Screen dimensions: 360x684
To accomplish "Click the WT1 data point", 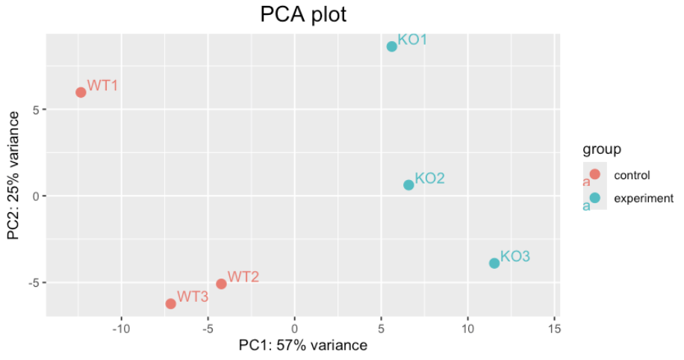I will pos(81,93).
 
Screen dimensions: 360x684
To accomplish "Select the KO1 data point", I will pos(392,46).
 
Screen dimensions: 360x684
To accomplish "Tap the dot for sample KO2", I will pos(408,185).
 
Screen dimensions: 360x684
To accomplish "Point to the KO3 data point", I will pos(494,263).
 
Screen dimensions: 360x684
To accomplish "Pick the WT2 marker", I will pos(221,284).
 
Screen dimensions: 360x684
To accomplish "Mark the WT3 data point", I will pos(170,303).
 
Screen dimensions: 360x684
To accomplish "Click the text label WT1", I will pos(103,85).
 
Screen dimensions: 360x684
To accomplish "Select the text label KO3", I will pos(515,256).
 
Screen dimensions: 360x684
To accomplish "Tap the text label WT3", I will pos(193,297).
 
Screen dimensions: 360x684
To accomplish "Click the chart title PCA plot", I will pos(303,14).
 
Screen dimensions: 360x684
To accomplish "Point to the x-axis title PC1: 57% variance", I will pos(303,346).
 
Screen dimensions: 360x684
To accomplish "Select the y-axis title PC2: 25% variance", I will pos(13,176).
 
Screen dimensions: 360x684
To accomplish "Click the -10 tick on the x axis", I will pos(121,329).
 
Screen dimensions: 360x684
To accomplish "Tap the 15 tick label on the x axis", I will pos(554,329).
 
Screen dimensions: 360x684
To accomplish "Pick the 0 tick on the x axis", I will pos(295,329).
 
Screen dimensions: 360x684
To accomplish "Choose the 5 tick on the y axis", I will pos(36,110).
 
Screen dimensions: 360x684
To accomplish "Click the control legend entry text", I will pos(632,176).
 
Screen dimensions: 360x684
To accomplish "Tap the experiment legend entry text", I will pos(643,199).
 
